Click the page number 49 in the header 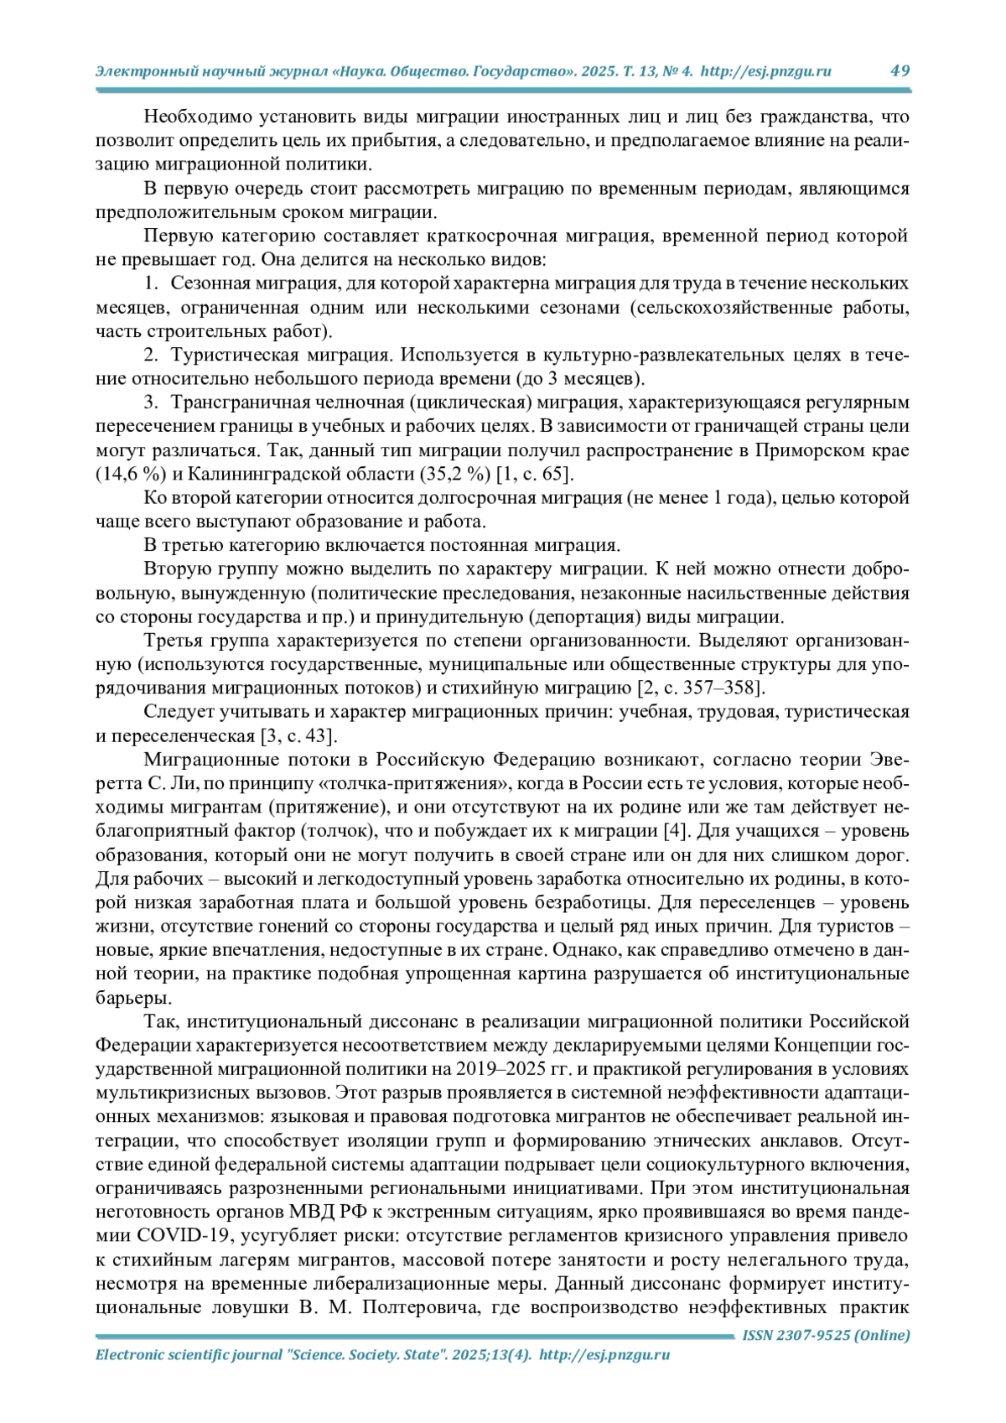point(900,70)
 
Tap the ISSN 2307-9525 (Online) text point(826,1335)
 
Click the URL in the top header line point(765,71)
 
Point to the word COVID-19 point(184,1235)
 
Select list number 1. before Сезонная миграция point(152,283)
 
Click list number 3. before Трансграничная point(152,402)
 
